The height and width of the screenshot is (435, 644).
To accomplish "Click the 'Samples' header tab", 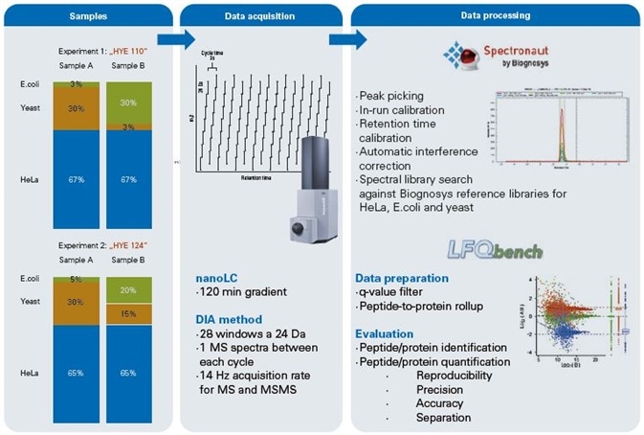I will (86, 16).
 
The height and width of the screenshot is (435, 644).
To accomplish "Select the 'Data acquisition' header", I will (261, 16).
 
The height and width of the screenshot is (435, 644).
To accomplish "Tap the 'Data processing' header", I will (495, 16).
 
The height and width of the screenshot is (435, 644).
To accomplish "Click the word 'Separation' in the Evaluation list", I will (444, 419).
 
